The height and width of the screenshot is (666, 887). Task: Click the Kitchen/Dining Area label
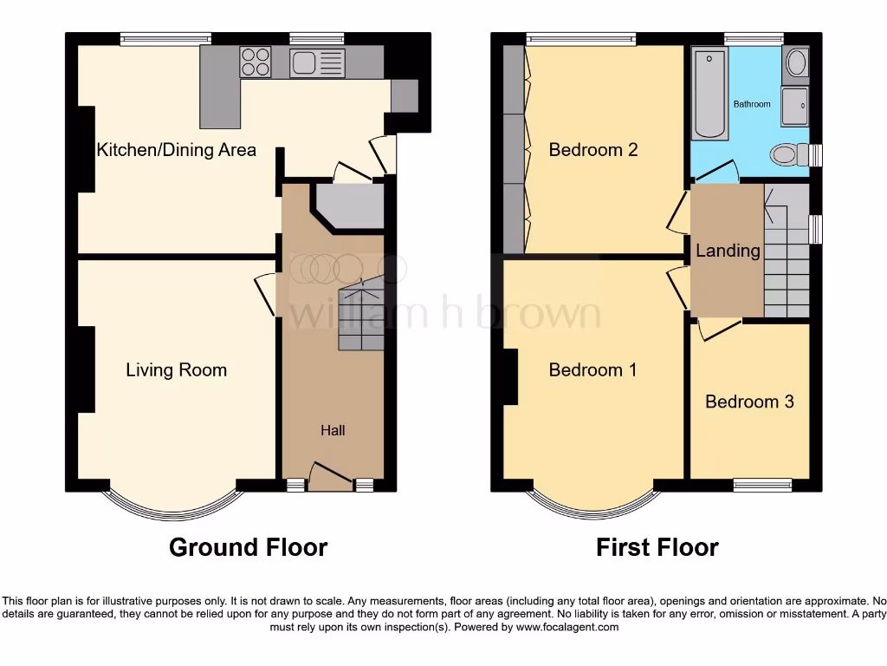click(176, 150)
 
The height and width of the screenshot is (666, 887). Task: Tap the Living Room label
click(176, 370)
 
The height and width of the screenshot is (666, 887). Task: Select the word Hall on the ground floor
click(333, 430)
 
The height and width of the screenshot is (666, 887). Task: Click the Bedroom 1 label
click(592, 370)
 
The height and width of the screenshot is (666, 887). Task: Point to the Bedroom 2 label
click(593, 150)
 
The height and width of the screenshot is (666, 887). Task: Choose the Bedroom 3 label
click(749, 402)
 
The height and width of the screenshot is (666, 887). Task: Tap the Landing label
click(728, 251)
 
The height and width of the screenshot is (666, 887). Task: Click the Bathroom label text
click(751, 104)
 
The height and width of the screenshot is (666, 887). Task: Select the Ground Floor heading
click(248, 547)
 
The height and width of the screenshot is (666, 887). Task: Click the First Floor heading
click(657, 547)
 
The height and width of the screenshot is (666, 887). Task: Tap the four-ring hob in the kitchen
click(256, 62)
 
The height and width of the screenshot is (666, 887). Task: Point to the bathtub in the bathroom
click(710, 94)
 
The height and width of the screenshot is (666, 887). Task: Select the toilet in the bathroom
click(786, 155)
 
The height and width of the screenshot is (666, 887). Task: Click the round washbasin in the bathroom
click(795, 63)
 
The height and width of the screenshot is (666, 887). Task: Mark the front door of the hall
click(330, 478)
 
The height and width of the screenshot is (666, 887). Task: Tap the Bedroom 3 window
click(762, 485)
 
